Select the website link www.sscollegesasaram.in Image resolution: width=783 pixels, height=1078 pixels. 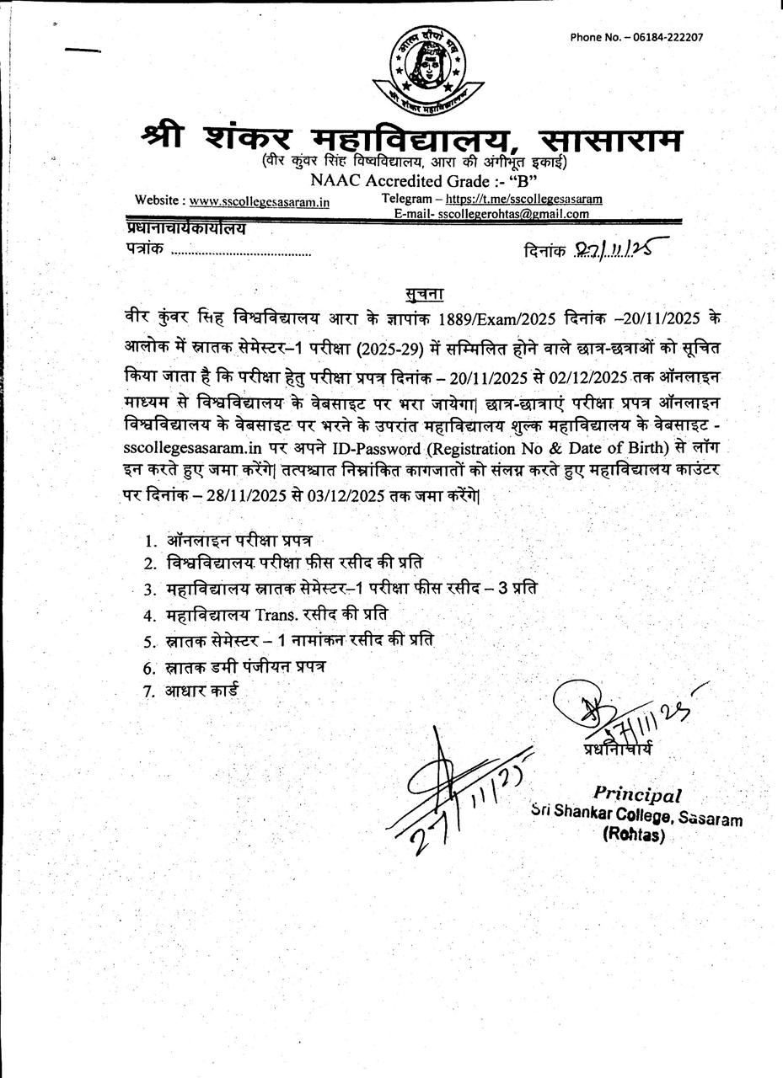pyautogui.click(x=259, y=201)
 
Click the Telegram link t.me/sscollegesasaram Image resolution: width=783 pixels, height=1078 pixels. pyautogui.click(x=523, y=200)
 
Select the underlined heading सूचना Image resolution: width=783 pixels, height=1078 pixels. pyautogui.click(x=424, y=294)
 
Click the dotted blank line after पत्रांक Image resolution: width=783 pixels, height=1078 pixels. pyautogui.click(x=241, y=252)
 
